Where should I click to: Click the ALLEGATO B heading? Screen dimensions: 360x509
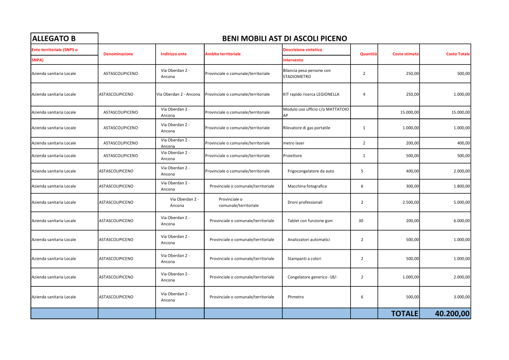coord(53,38)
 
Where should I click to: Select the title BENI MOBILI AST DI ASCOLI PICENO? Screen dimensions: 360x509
coord(285,38)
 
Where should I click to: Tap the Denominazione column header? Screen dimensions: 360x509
coord(118,53)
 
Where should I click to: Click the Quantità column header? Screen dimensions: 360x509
coord(368,53)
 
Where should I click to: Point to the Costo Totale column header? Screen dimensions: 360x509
coord(458,53)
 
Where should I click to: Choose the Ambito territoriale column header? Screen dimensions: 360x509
coord(222,53)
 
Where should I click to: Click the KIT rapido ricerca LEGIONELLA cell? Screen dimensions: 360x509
coord(311,94)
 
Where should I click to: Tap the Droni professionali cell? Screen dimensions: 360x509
coord(305,202)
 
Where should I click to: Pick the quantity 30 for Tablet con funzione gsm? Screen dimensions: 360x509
coord(361,220)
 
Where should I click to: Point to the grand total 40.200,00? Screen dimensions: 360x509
coord(452,314)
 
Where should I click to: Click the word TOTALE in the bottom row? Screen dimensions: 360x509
coord(404,314)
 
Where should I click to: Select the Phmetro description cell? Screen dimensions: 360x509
coord(296,296)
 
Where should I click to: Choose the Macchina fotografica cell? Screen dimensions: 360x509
coord(307,186)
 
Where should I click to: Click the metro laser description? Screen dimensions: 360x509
coord(294,143)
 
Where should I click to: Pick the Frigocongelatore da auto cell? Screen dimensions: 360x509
coord(310,171)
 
